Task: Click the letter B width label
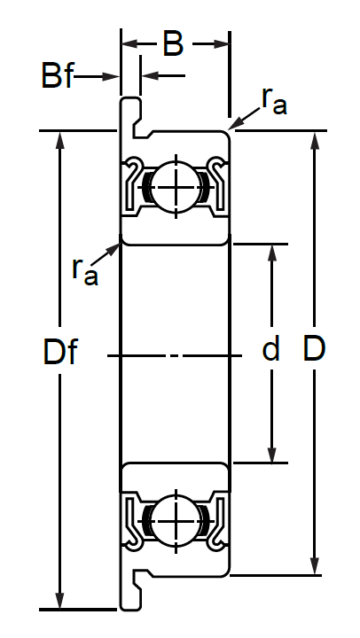(173, 44)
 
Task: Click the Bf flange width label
(57, 75)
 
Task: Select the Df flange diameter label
(60, 352)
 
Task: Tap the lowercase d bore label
(270, 349)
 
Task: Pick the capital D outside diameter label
(314, 349)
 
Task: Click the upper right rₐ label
(274, 101)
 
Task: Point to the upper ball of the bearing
(176, 187)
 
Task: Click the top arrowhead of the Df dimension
(60, 139)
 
